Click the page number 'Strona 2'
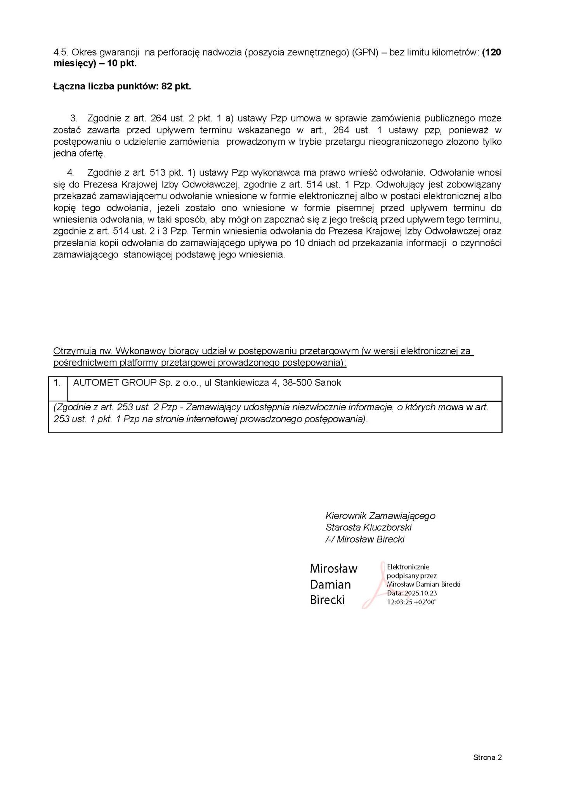point(487,757)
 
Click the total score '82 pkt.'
point(176,86)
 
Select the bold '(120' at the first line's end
point(491,52)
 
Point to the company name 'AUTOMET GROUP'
point(114,383)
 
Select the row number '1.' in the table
point(57,383)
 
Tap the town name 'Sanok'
point(328,383)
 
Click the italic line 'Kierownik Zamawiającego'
point(380,516)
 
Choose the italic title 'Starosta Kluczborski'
point(368,528)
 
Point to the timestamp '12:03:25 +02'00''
point(411,602)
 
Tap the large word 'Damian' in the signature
point(330,585)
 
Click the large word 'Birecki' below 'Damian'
point(327,600)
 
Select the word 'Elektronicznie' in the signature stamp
point(408,567)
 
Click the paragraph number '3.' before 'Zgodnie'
point(74,118)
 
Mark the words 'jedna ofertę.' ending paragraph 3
point(79,153)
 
